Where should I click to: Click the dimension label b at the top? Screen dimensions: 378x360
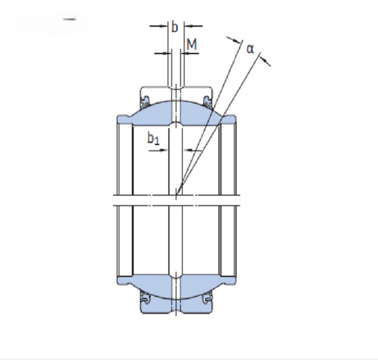click(x=174, y=27)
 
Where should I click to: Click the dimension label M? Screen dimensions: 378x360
click(x=192, y=44)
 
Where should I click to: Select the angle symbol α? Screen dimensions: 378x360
click(x=250, y=49)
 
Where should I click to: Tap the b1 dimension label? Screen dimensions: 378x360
click(x=153, y=139)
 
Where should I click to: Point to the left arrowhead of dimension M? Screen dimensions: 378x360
click(x=167, y=53)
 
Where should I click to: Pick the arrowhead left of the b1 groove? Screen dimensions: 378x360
click(x=164, y=151)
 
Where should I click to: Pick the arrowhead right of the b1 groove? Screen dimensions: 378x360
click(x=187, y=151)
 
